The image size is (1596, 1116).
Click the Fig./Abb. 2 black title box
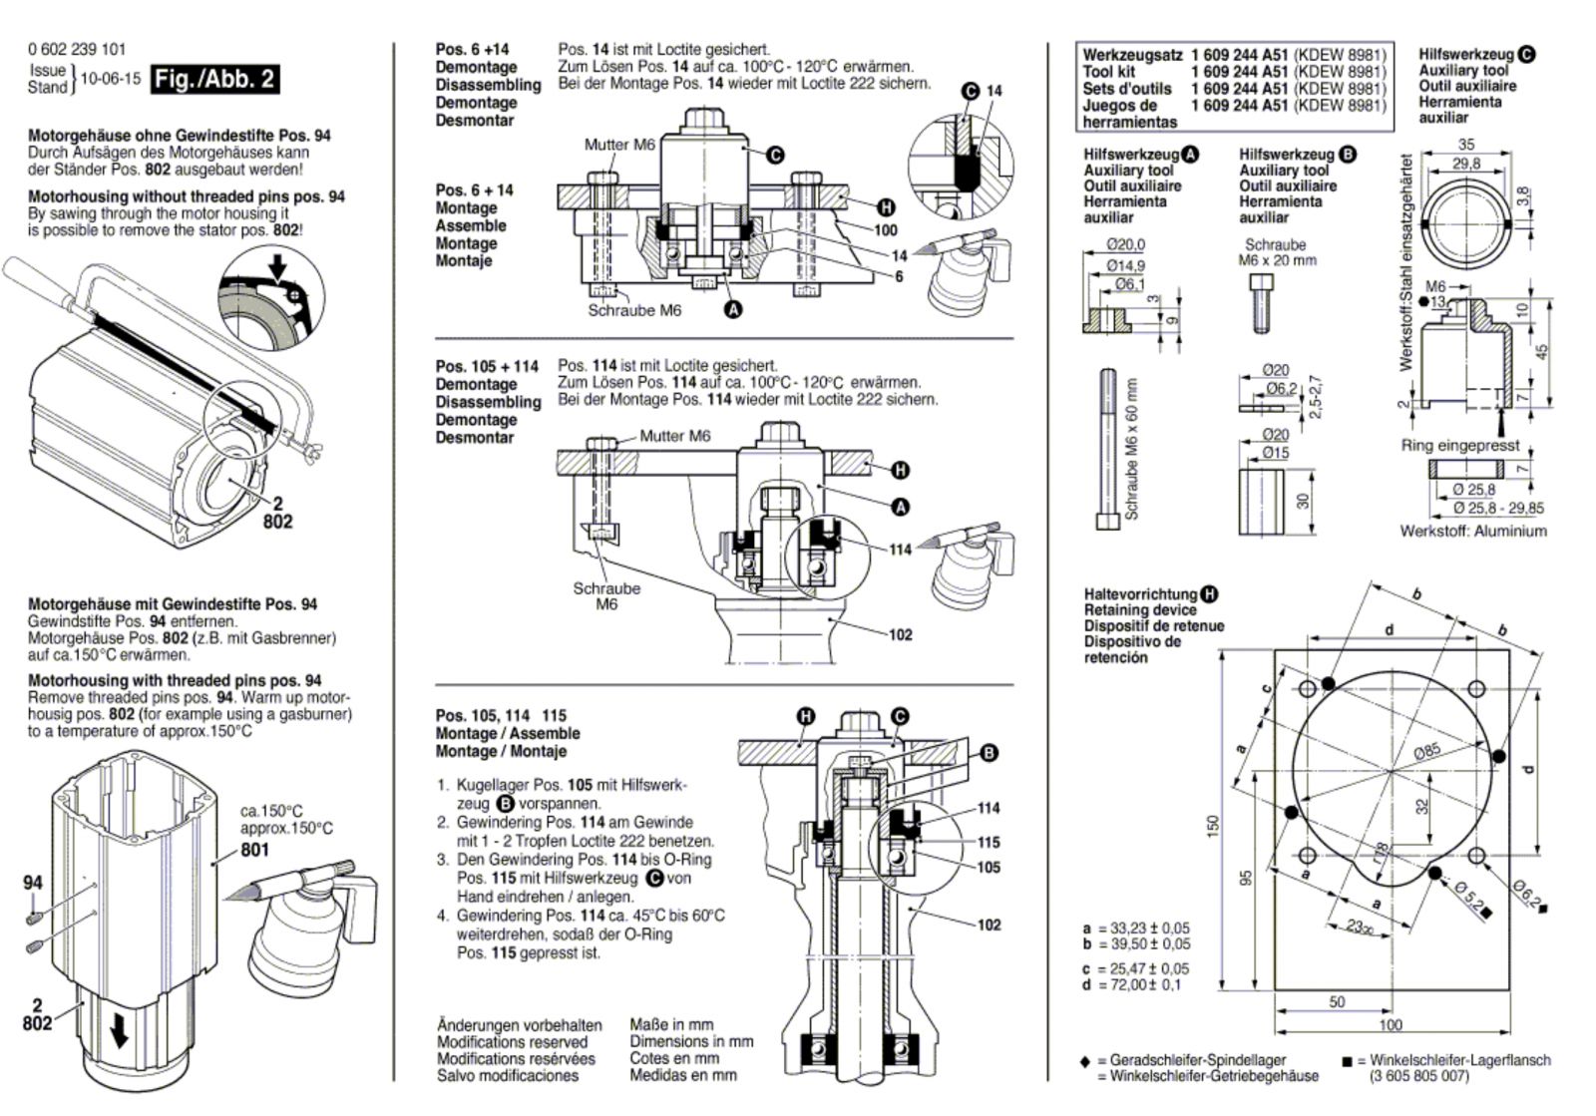click(x=214, y=79)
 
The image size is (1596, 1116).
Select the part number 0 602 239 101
click(x=77, y=49)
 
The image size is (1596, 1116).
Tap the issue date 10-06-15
click(x=111, y=79)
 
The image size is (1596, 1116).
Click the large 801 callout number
click(x=254, y=850)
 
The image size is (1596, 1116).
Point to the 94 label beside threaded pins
click(x=33, y=883)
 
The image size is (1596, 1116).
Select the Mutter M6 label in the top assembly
click(x=619, y=145)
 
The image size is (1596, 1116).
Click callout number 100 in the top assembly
click(x=886, y=230)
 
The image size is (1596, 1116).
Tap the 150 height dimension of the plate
click(x=1213, y=826)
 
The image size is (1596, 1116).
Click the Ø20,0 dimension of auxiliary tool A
click(x=1126, y=244)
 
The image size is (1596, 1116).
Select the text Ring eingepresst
click(x=1460, y=445)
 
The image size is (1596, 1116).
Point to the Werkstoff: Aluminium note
click(x=1472, y=531)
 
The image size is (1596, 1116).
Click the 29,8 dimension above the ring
click(x=1466, y=164)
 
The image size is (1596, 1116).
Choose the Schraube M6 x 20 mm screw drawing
click(x=1260, y=303)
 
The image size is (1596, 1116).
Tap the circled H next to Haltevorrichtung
click(x=1209, y=594)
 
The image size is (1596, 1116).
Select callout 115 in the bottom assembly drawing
click(x=989, y=842)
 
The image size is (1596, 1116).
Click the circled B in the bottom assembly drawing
click(x=989, y=753)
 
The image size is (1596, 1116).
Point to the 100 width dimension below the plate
click(x=1391, y=1025)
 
